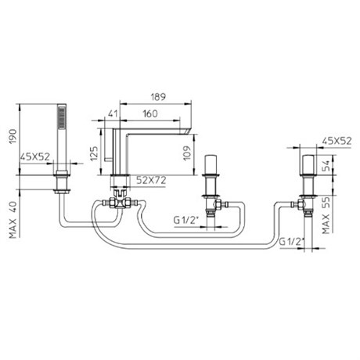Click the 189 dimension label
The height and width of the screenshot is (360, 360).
[x=158, y=97]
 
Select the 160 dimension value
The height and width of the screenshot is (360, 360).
[x=150, y=113]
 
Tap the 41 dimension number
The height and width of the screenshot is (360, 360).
[x=112, y=113]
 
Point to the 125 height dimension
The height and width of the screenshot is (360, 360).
[x=95, y=153]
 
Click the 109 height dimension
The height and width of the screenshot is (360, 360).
[x=187, y=153]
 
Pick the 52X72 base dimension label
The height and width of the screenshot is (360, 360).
[x=151, y=180]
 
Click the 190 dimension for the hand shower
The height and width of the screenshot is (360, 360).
[x=13, y=136]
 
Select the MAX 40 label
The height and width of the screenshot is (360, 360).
[x=13, y=220]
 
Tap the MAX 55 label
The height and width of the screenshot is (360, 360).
[x=326, y=215]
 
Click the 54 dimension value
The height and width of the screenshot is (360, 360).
[x=326, y=166]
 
